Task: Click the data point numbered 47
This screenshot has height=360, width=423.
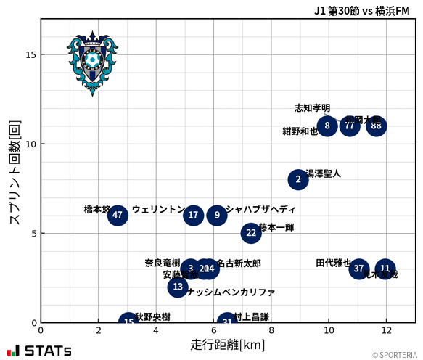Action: [x=118, y=215]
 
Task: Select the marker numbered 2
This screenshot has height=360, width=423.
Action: [x=297, y=179]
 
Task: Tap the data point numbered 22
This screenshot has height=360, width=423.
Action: [x=251, y=233]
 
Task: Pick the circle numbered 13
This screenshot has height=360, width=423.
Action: [x=178, y=287]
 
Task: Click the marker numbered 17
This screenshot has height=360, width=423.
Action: [x=193, y=215]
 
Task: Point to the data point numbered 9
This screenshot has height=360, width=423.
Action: [x=217, y=215]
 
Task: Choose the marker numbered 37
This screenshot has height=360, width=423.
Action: [x=358, y=269]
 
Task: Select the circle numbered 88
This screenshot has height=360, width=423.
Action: [x=376, y=126]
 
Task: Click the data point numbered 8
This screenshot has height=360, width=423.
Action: [x=327, y=126]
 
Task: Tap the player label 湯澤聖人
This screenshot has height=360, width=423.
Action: [x=324, y=174]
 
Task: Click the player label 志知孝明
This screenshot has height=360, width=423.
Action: [x=312, y=107]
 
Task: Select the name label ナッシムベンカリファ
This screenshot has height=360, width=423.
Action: [x=231, y=292]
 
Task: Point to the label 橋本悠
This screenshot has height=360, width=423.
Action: [x=96, y=209]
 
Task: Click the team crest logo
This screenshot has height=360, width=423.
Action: [x=92, y=62]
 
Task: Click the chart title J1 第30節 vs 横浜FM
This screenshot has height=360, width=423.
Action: [x=361, y=9]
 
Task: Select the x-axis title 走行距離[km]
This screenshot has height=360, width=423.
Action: [x=227, y=344]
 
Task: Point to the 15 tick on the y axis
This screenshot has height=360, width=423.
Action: [x=30, y=54]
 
